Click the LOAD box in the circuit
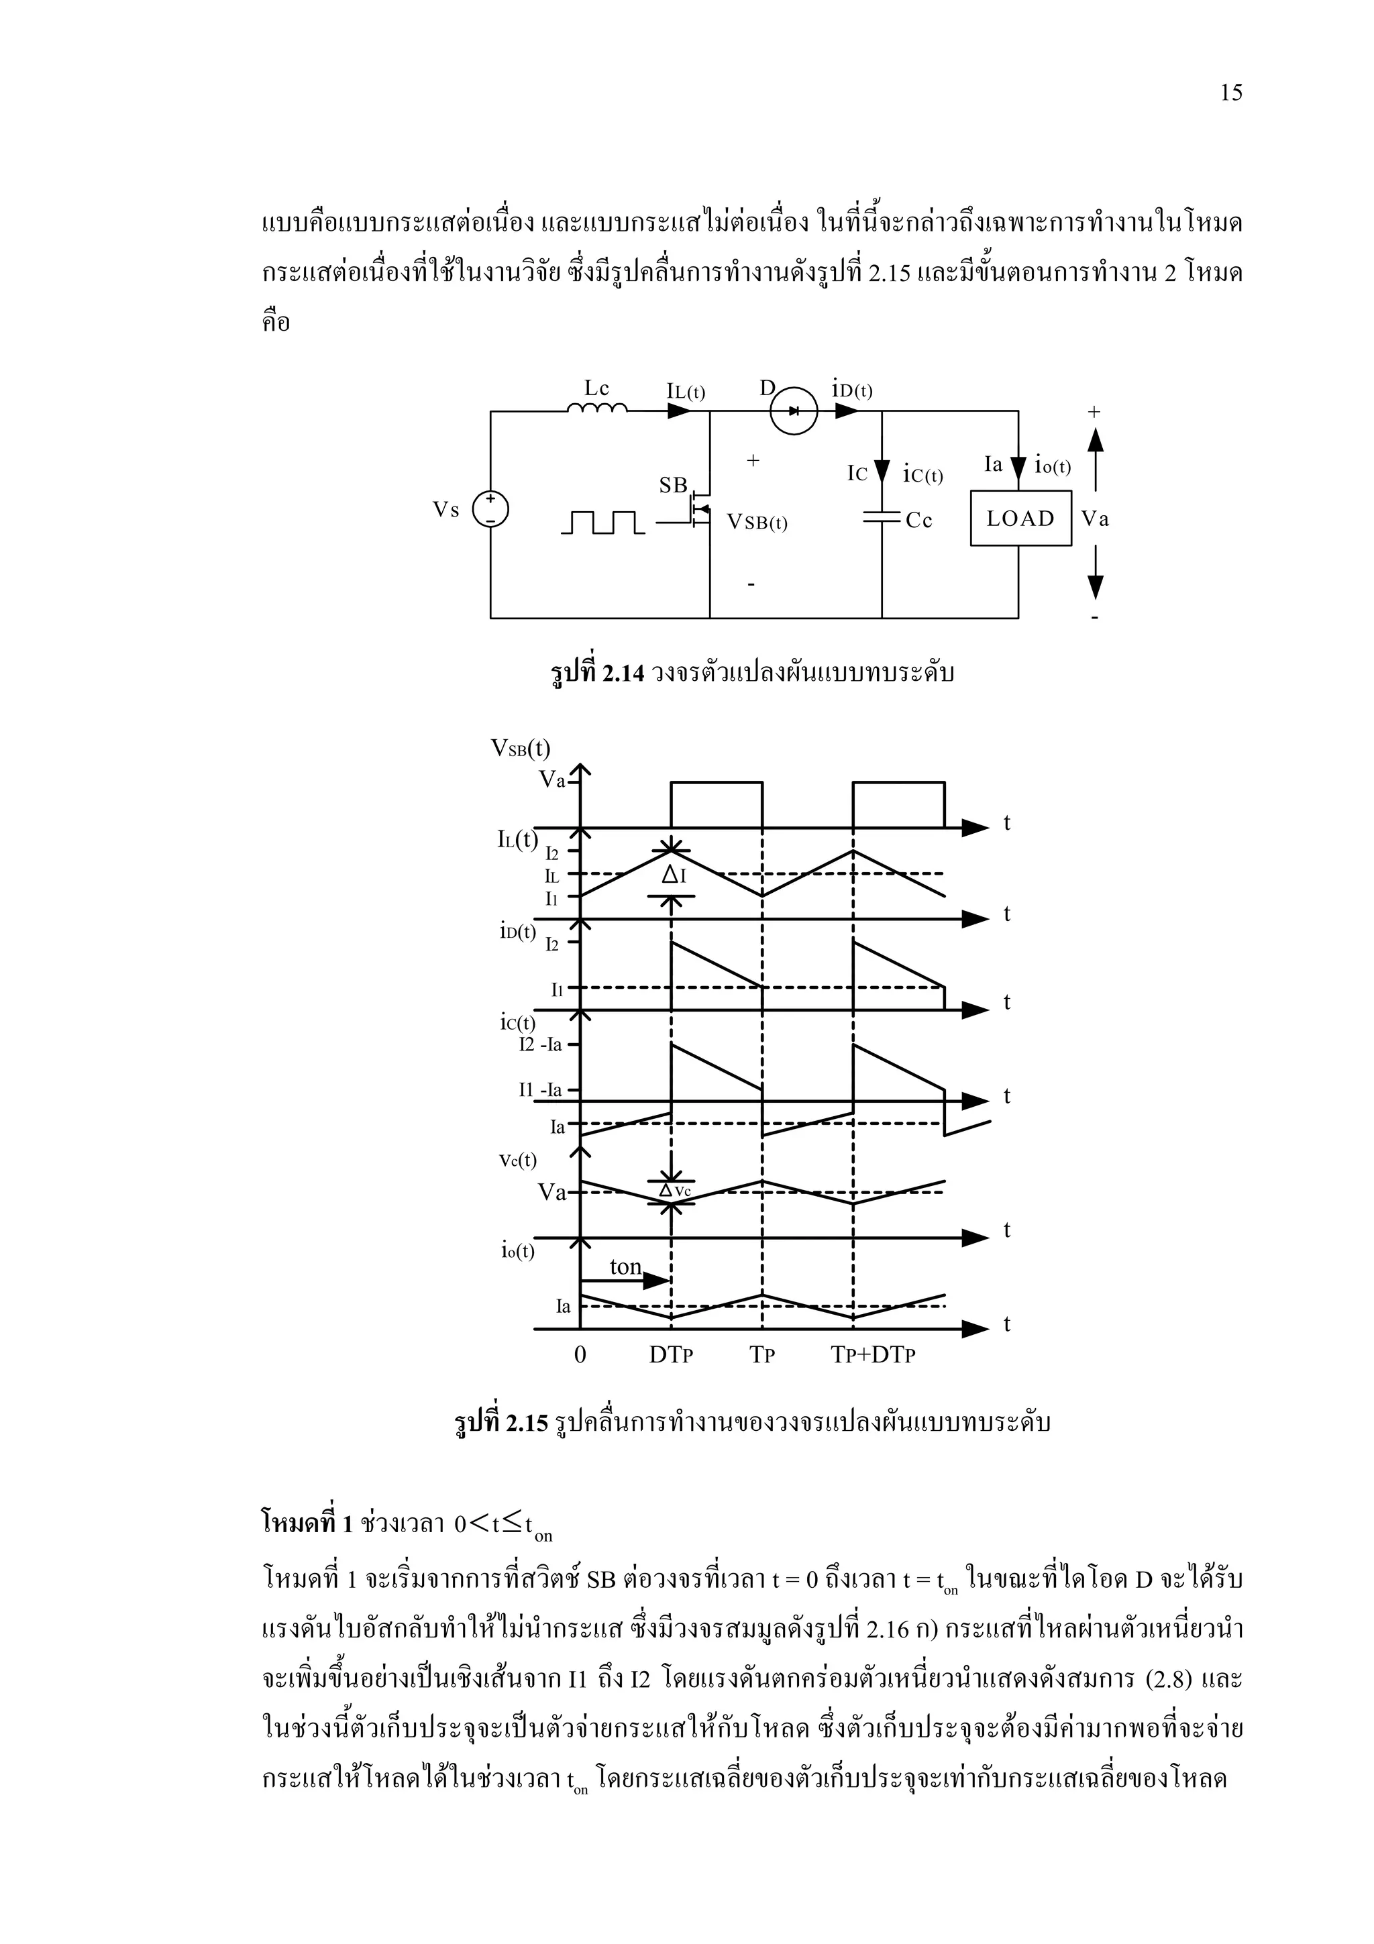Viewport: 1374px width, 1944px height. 1020,518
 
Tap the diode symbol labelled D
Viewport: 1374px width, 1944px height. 793,411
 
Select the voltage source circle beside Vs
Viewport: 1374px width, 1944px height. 490,509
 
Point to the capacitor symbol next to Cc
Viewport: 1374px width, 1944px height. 882,518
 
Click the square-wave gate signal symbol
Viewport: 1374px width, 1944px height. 602,523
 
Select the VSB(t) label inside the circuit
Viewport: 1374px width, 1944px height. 757,523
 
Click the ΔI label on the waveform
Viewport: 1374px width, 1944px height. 673,875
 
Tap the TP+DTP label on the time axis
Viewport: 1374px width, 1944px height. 874,1355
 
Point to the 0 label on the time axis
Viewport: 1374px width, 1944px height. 580,1355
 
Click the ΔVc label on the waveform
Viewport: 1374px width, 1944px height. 675,1191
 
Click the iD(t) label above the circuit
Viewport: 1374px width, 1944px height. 853,390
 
